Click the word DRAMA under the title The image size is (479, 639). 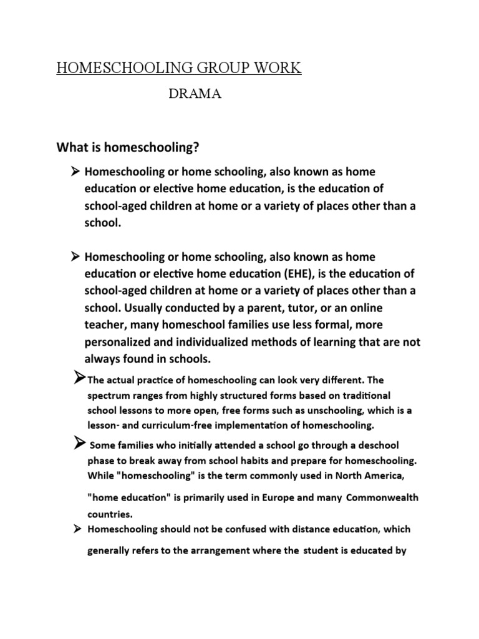(x=196, y=94)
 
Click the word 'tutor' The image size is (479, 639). (x=271, y=308)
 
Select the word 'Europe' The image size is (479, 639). (x=279, y=497)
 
